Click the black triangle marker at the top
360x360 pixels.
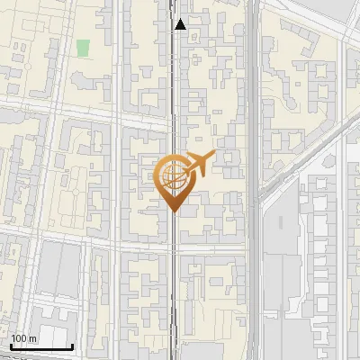[181, 25]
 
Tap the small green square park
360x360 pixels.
[84, 48]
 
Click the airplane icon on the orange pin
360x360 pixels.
[199, 163]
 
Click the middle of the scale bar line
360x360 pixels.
[41, 346]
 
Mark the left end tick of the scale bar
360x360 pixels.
[11, 345]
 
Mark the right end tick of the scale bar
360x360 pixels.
[72, 345]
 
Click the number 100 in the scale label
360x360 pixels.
[19, 338]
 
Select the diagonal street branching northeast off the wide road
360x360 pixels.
[306, 153]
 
